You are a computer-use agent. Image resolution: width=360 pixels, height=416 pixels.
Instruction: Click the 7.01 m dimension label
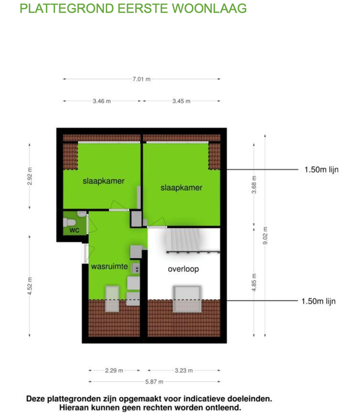click(142, 79)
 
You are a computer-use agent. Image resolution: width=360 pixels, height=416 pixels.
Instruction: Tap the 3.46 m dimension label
click(101, 101)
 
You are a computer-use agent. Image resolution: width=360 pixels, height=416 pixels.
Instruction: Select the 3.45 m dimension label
click(181, 101)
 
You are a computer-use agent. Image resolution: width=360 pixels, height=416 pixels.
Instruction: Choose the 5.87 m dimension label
click(152, 382)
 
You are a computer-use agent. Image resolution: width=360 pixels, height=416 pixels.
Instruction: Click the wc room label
click(74, 230)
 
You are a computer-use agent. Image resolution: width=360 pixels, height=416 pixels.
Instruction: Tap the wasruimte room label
click(109, 267)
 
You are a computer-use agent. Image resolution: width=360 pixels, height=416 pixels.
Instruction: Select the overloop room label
click(182, 270)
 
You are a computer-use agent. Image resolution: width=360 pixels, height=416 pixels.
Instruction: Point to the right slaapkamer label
click(181, 187)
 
